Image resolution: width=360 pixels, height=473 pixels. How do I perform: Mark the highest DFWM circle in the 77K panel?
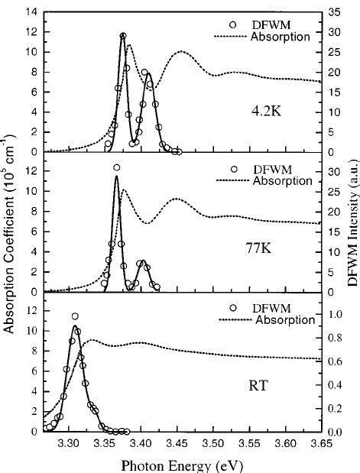117,167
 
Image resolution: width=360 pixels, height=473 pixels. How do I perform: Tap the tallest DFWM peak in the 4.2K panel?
123,35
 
